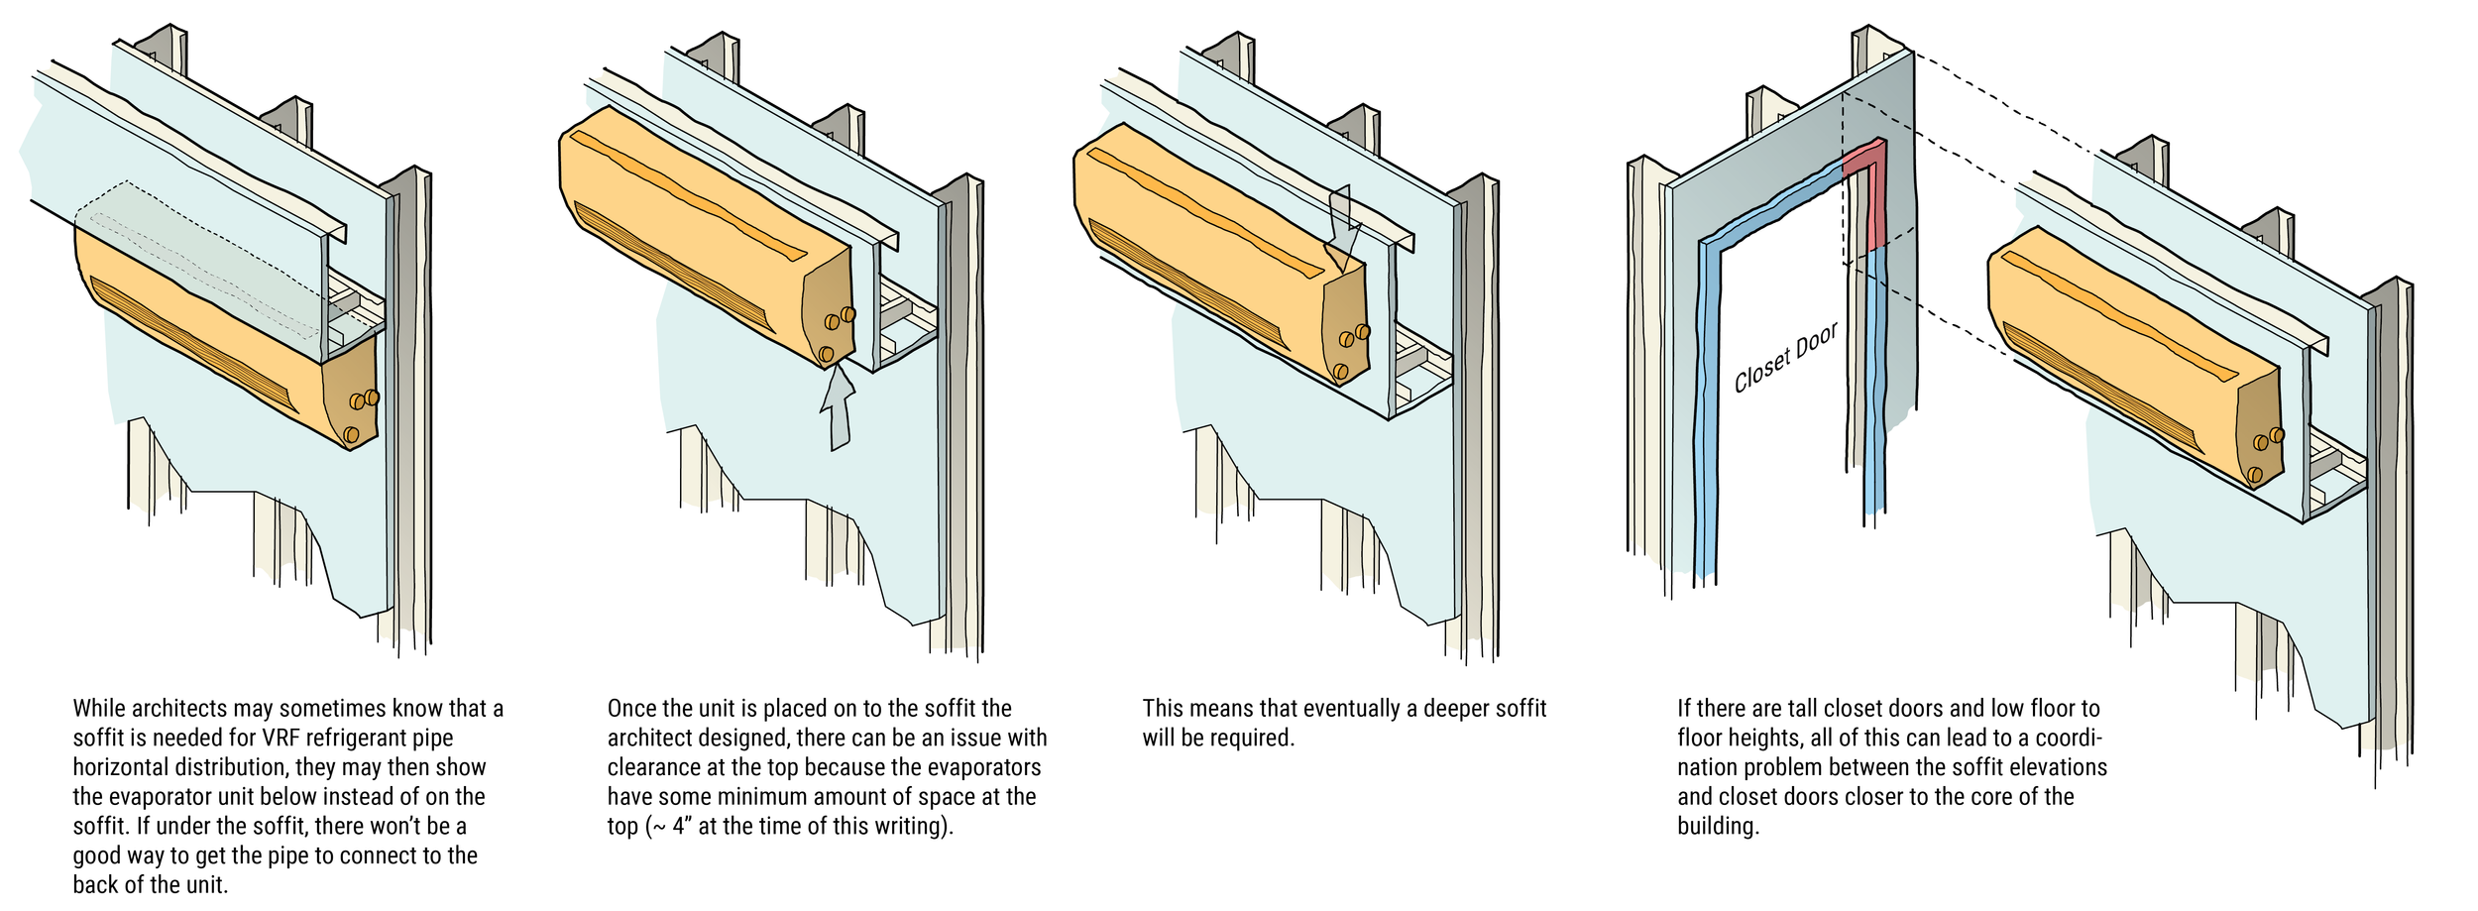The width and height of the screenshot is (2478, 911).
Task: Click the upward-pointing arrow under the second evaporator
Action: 839,411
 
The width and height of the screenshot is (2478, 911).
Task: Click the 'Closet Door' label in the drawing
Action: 1785,358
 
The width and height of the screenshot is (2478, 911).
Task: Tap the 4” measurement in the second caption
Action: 680,827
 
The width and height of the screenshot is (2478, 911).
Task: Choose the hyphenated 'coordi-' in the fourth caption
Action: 2068,739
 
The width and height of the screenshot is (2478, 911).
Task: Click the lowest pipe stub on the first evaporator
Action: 351,434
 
